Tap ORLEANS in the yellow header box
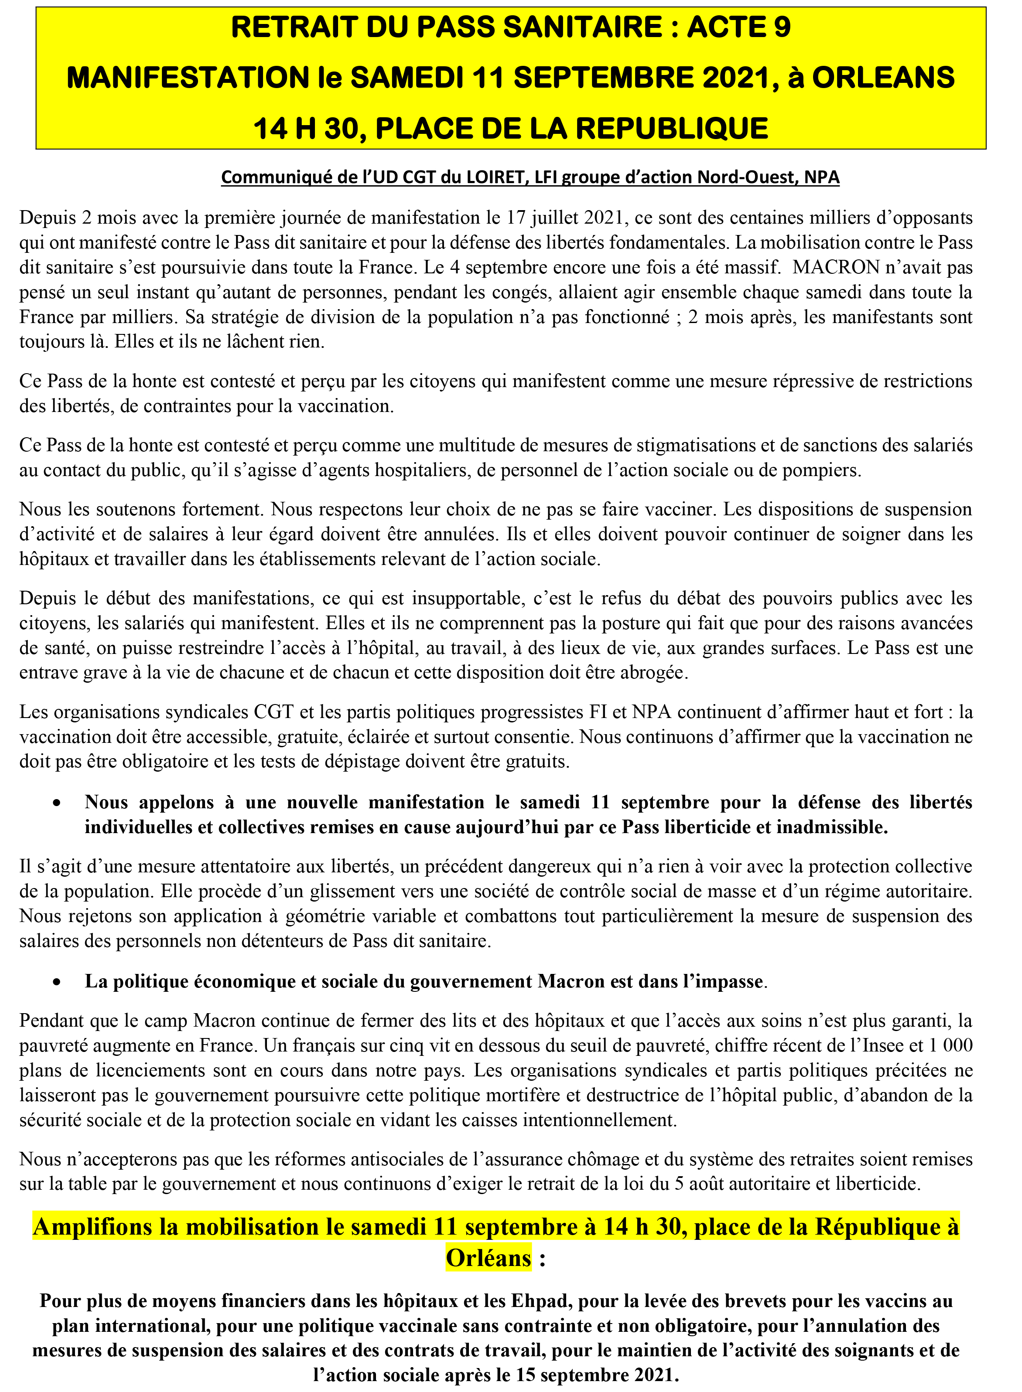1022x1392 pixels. pos(883,78)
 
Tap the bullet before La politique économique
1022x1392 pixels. pos(57,982)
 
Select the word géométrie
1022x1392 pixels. pos(326,916)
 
